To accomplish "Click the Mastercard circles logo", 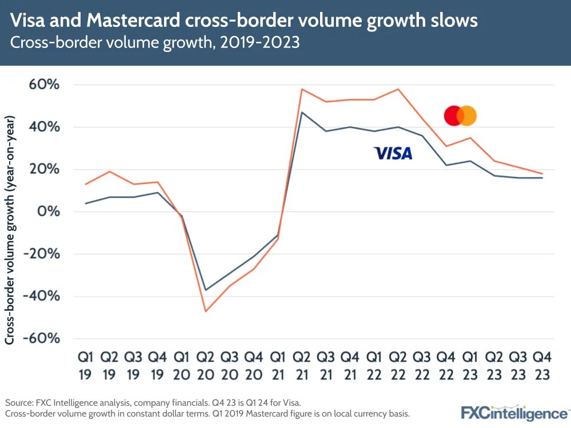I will pos(460,116).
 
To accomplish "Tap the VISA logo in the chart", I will pos(392,153).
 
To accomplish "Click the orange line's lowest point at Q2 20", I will pos(205,311).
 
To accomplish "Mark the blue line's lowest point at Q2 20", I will pos(205,290).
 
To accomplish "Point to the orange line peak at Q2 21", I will pos(302,89).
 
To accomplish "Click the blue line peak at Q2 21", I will pos(302,113).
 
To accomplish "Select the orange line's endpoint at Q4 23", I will pos(542,174).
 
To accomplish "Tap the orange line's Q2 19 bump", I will pos(109,171).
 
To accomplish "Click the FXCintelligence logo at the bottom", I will pos(514,413).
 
